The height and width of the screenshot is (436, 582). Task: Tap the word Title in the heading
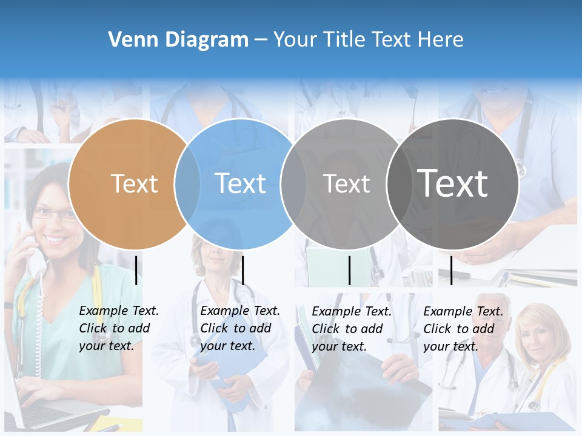click(x=346, y=40)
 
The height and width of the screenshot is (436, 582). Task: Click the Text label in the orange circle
click(x=134, y=183)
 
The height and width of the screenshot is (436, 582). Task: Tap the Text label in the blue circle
click(x=240, y=183)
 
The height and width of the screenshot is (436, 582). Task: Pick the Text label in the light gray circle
click(x=346, y=183)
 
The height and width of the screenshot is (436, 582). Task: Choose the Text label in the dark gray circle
click(x=452, y=183)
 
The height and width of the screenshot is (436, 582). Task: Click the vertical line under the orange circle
click(x=136, y=270)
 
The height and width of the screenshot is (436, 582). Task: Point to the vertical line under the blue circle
click(x=242, y=270)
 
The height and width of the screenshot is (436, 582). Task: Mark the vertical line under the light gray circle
click(x=349, y=270)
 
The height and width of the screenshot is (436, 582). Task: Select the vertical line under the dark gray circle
click(x=451, y=270)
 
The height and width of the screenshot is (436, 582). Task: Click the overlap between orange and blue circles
click(x=187, y=183)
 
